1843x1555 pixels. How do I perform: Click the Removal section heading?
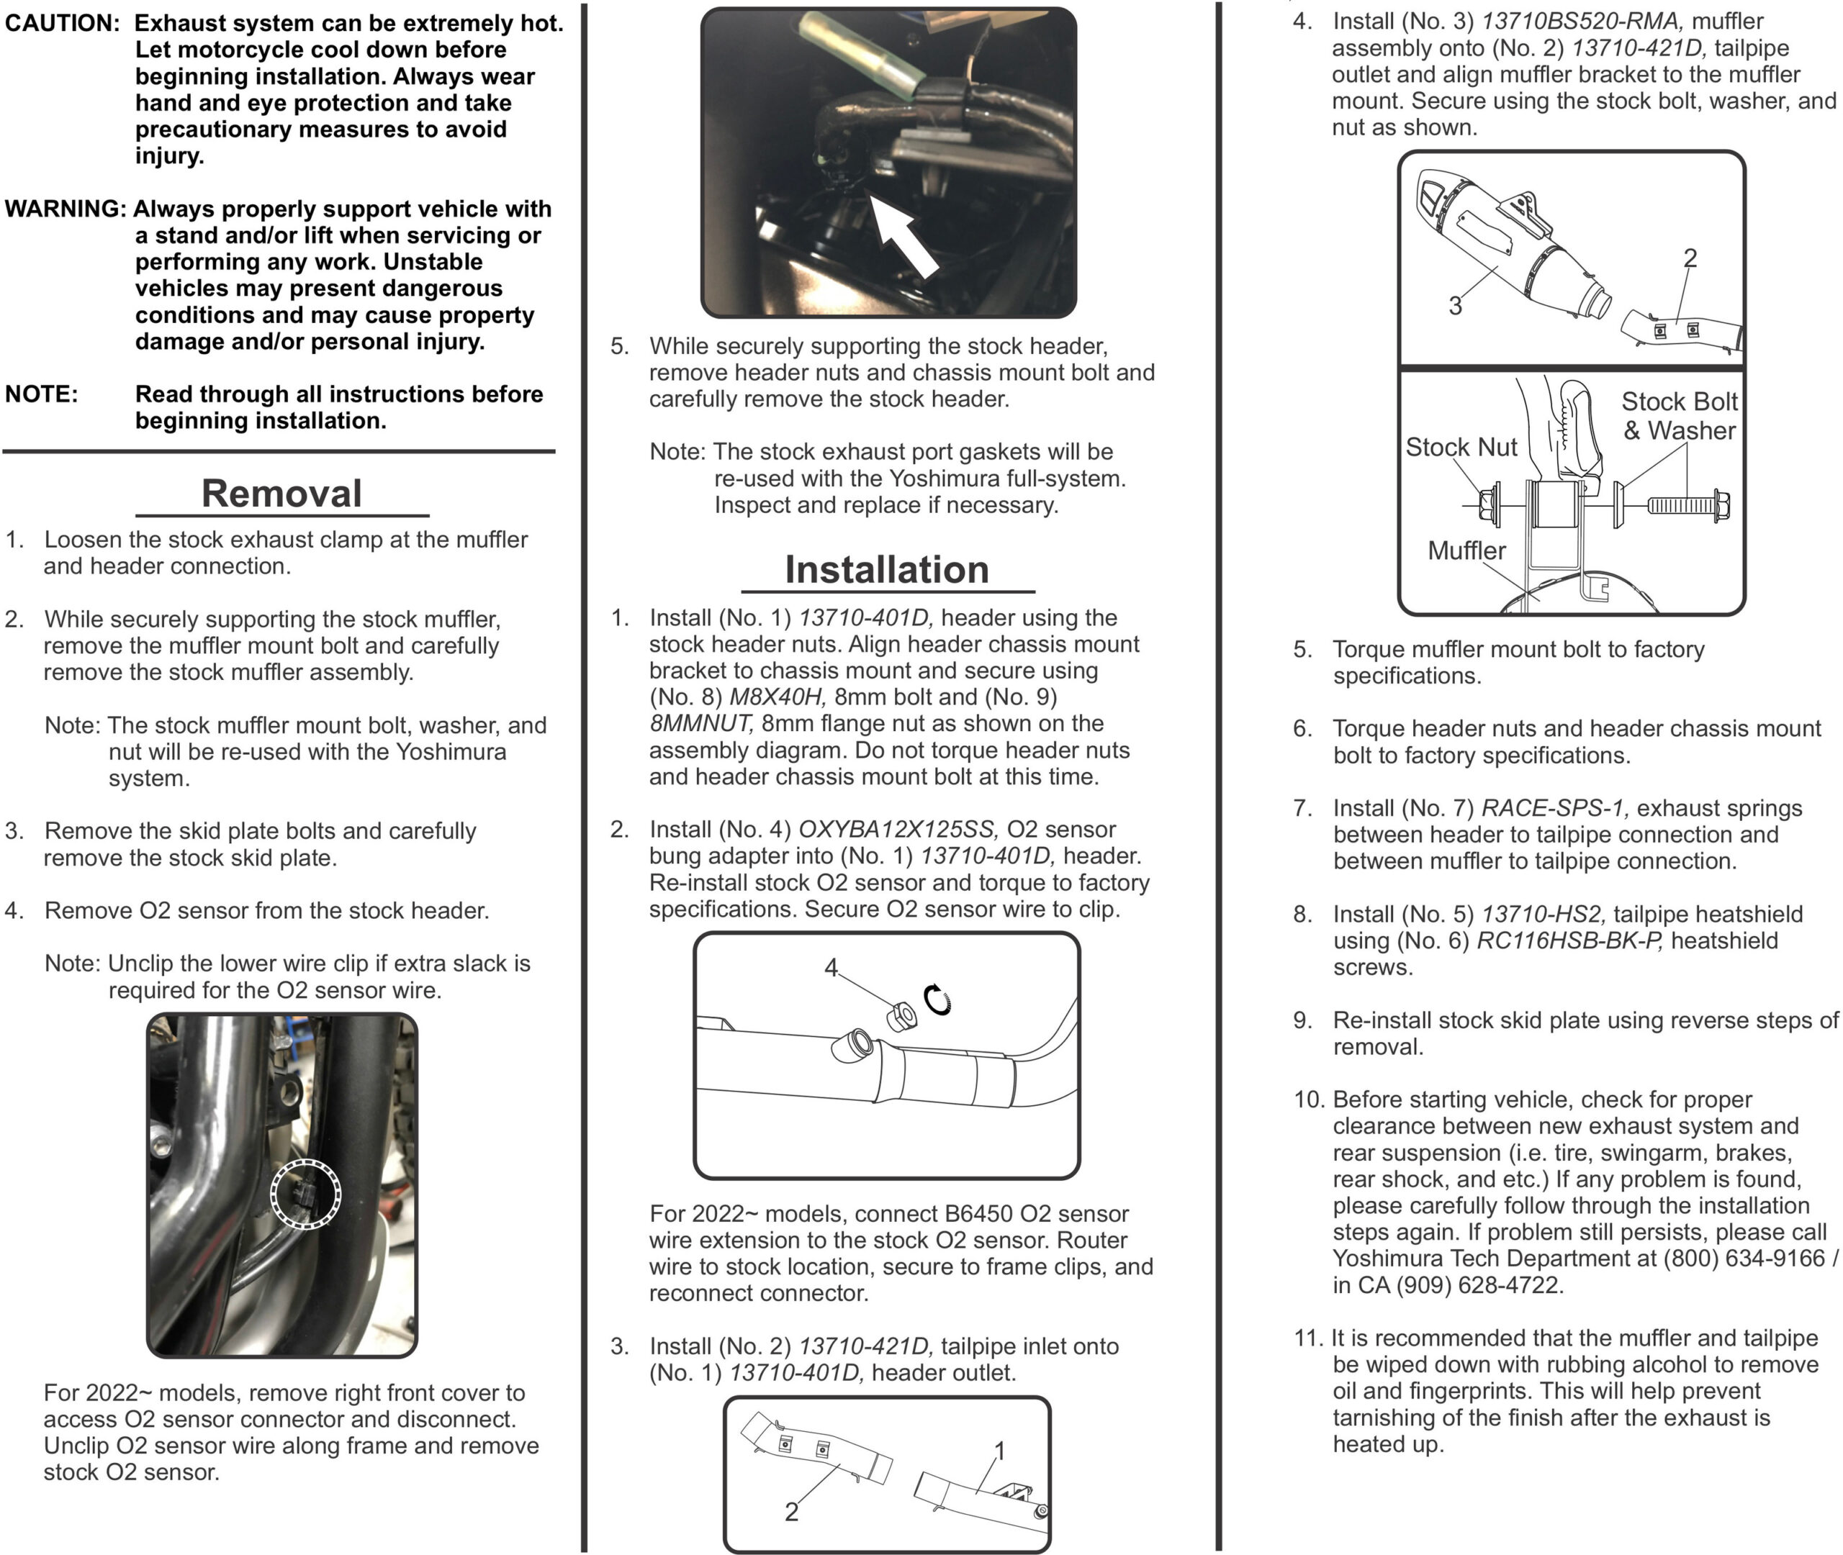pyautogui.click(x=281, y=494)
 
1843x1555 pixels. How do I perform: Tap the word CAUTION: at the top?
pyautogui.click(x=62, y=24)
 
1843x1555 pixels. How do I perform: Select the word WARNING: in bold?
pyautogui.click(x=66, y=209)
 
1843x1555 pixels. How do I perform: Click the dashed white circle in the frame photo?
pyautogui.click(x=305, y=1193)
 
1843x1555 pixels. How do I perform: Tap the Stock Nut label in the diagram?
pyautogui.click(x=1460, y=448)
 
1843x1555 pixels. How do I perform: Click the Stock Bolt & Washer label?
pyautogui.click(x=1679, y=416)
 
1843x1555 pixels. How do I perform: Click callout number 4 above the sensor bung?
pyautogui.click(x=831, y=968)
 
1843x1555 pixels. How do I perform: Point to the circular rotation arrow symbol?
pyautogui.click(x=937, y=999)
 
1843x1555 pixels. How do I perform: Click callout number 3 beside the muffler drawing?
pyautogui.click(x=1455, y=306)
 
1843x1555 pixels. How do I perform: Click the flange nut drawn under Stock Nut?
pyautogui.click(x=1490, y=506)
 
